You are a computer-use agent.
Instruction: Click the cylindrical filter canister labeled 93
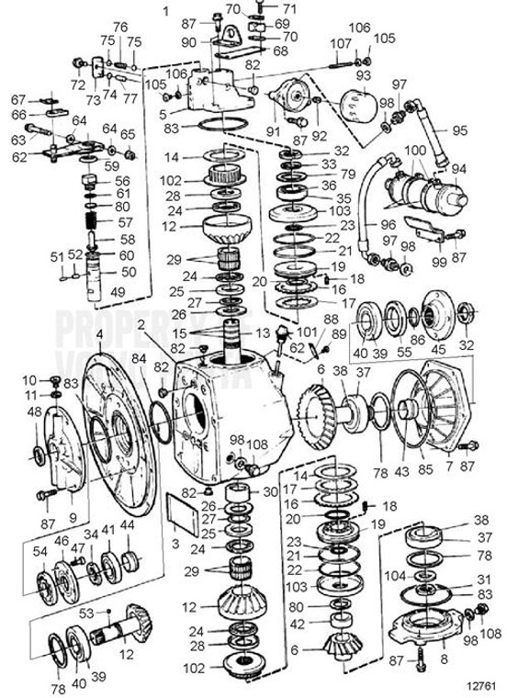click(x=353, y=102)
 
